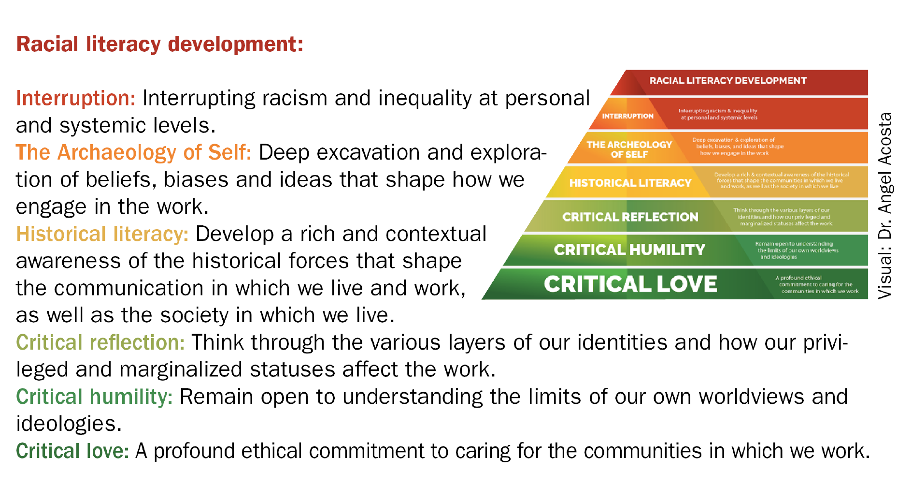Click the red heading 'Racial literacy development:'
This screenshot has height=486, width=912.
159,44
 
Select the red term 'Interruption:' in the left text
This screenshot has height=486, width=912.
76,98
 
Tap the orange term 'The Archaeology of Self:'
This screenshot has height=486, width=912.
133,152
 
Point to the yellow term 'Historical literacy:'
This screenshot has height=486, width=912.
102,234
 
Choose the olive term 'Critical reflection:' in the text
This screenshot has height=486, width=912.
100,342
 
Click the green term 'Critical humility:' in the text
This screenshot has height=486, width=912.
94,397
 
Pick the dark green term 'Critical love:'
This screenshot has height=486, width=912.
72,451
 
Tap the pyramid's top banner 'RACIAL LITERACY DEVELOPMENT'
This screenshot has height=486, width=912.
727,81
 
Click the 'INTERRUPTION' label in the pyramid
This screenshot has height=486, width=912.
627,116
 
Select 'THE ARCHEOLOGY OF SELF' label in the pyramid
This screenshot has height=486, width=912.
629,149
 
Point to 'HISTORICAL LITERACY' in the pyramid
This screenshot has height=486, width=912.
630,183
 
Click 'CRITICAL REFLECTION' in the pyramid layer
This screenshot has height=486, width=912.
630,217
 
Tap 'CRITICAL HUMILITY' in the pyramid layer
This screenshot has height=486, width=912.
629,250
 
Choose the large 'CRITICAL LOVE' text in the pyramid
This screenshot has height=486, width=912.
630,284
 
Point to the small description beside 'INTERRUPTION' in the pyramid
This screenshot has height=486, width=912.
718,114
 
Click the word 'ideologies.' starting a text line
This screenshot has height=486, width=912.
69,424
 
